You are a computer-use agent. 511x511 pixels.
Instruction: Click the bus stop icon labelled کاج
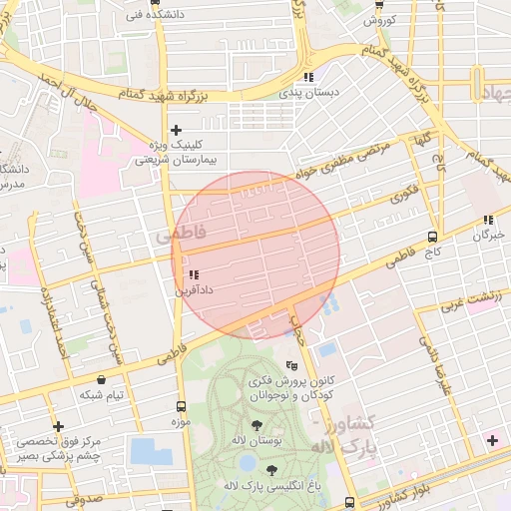(432, 237)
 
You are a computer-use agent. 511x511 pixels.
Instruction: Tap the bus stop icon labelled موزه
(181, 406)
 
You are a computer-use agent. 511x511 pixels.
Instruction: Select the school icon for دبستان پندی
(309, 76)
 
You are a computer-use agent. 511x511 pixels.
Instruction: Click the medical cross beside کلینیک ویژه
(177, 130)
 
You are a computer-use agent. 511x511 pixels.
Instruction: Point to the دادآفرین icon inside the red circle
(193, 273)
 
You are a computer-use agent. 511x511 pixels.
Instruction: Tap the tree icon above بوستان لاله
(257, 426)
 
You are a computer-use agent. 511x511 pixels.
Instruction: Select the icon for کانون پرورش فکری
(290, 366)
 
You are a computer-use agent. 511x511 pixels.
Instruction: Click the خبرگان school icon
(488, 220)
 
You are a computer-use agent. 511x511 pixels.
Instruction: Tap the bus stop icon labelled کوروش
(378, 4)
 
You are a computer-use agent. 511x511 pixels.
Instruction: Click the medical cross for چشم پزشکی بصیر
(59, 426)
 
